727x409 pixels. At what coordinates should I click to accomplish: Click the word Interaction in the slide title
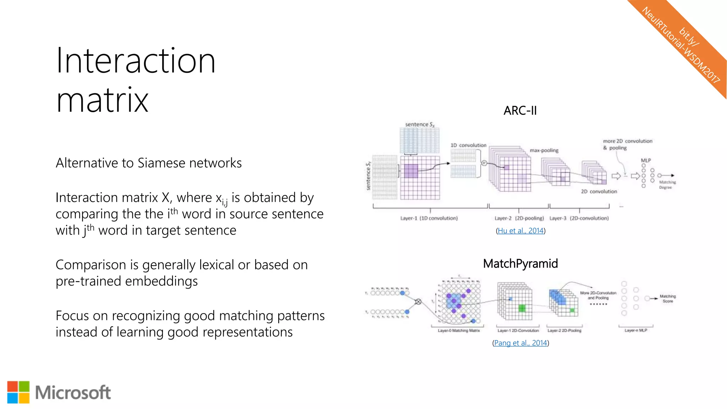click(136, 61)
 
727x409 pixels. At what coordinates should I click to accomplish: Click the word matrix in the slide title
click(102, 100)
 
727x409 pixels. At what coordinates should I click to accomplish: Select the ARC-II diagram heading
click(520, 111)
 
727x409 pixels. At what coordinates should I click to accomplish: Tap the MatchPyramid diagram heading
click(520, 264)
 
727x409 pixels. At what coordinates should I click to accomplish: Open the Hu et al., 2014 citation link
click(520, 231)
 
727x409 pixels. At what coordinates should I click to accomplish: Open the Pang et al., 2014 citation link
click(520, 343)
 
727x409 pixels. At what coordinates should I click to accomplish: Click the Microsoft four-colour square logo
click(18, 392)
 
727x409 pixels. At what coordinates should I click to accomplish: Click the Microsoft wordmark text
click(73, 393)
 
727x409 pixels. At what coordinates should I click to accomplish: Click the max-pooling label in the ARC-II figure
click(544, 151)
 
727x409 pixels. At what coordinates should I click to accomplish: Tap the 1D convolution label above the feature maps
click(468, 145)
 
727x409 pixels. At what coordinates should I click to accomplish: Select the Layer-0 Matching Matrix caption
click(459, 331)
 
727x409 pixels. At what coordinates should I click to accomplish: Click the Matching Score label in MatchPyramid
click(667, 299)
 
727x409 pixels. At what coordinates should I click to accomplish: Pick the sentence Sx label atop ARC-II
click(420, 125)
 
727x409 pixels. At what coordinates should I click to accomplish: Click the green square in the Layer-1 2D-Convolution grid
click(522, 308)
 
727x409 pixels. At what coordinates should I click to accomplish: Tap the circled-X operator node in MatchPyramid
click(418, 302)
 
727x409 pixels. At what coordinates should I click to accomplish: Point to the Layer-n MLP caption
click(636, 331)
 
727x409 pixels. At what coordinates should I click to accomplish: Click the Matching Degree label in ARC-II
click(667, 185)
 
